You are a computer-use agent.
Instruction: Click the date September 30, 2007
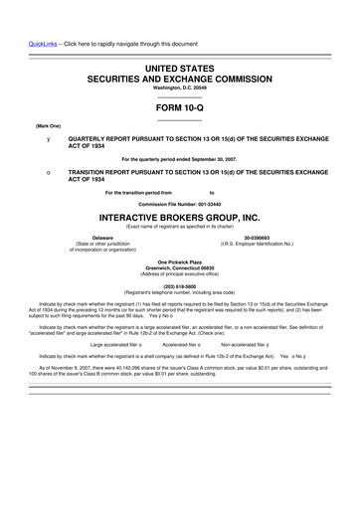pyautogui.click(x=213, y=159)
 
